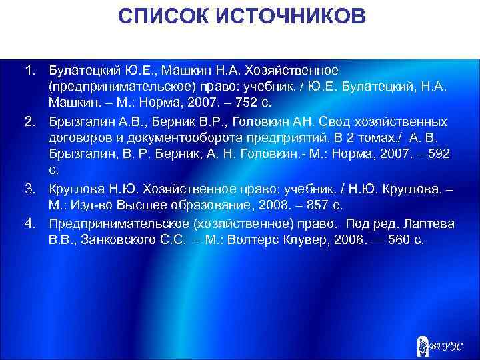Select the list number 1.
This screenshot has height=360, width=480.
click(x=30, y=70)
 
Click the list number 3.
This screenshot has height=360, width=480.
click(x=30, y=189)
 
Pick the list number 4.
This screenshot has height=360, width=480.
click(x=30, y=223)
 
